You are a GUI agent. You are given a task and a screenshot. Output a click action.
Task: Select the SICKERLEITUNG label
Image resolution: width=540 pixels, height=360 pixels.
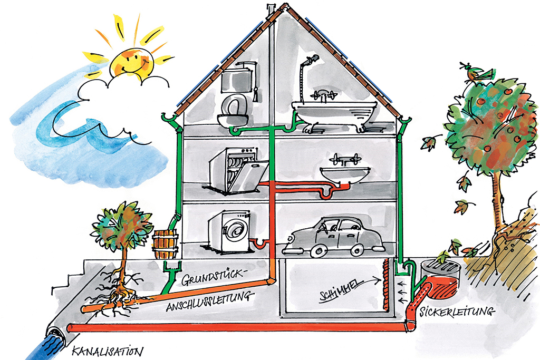point(458,312)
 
